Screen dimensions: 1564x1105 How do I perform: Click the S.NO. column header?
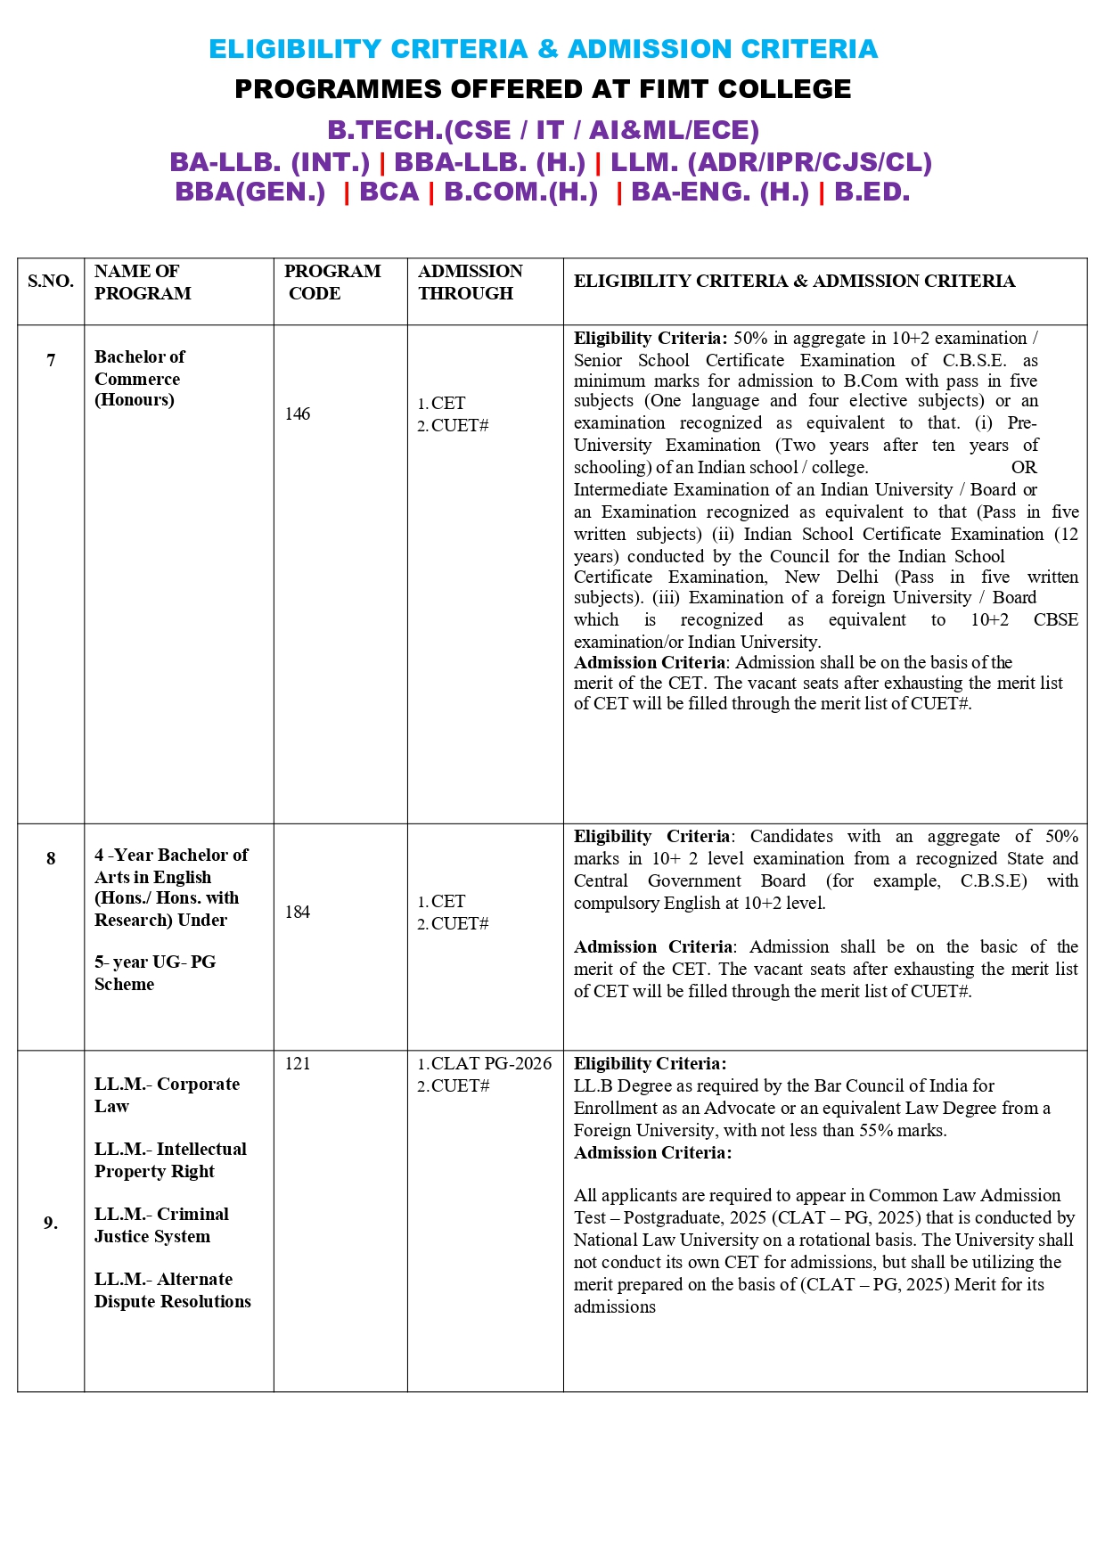[51, 282]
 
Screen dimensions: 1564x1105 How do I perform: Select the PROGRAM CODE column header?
[331, 282]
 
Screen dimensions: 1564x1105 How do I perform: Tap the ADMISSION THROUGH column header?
[471, 282]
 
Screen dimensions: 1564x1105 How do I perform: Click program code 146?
[298, 414]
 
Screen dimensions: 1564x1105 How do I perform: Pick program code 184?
[298, 912]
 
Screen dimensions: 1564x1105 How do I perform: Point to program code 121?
[298, 1063]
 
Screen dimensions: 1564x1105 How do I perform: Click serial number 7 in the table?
[51, 360]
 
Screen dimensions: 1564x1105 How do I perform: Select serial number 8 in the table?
[51, 858]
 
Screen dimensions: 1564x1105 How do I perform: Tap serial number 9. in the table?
[51, 1223]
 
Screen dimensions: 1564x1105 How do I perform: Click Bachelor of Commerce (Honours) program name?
[139, 378]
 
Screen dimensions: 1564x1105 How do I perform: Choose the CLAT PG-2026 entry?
[491, 1063]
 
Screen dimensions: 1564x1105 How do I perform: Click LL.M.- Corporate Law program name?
[167, 1094]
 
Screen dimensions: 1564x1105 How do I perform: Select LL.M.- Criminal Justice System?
[161, 1224]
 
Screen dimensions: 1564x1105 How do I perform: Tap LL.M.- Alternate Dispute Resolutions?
[172, 1290]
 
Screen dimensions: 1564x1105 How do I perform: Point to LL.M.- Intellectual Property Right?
[170, 1159]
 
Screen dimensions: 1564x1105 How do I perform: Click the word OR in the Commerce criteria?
[1023, 467]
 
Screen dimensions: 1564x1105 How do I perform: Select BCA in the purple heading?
[389, 192]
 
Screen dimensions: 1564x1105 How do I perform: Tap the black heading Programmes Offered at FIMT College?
[543, 89]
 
